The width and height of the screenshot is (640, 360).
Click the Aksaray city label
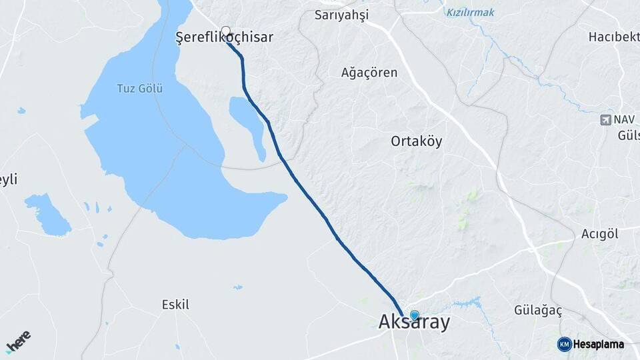(x=414, y=322)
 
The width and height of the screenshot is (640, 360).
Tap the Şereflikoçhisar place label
(x=224, y=37)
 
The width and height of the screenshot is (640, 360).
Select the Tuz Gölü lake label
(x=140, y=88)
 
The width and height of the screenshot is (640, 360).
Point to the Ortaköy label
(x=416, y=141)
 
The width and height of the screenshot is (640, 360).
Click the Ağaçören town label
(x=369, y=73)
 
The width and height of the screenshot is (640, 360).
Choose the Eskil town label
(x=175, y=305)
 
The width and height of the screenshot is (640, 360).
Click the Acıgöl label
(x=600, y=233)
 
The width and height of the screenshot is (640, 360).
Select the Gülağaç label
(x=539, y=311)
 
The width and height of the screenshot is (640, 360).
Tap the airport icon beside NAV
(x=605, y=120)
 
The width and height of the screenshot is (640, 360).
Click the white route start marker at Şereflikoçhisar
(x=226, y=31)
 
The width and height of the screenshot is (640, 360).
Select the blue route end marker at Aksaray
(x=415, y=315)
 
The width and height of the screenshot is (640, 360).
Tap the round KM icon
(x=564, y=344)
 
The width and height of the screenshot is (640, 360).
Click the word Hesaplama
(x=599, y=345)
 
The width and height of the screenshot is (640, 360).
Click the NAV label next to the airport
(x=625, y=120)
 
